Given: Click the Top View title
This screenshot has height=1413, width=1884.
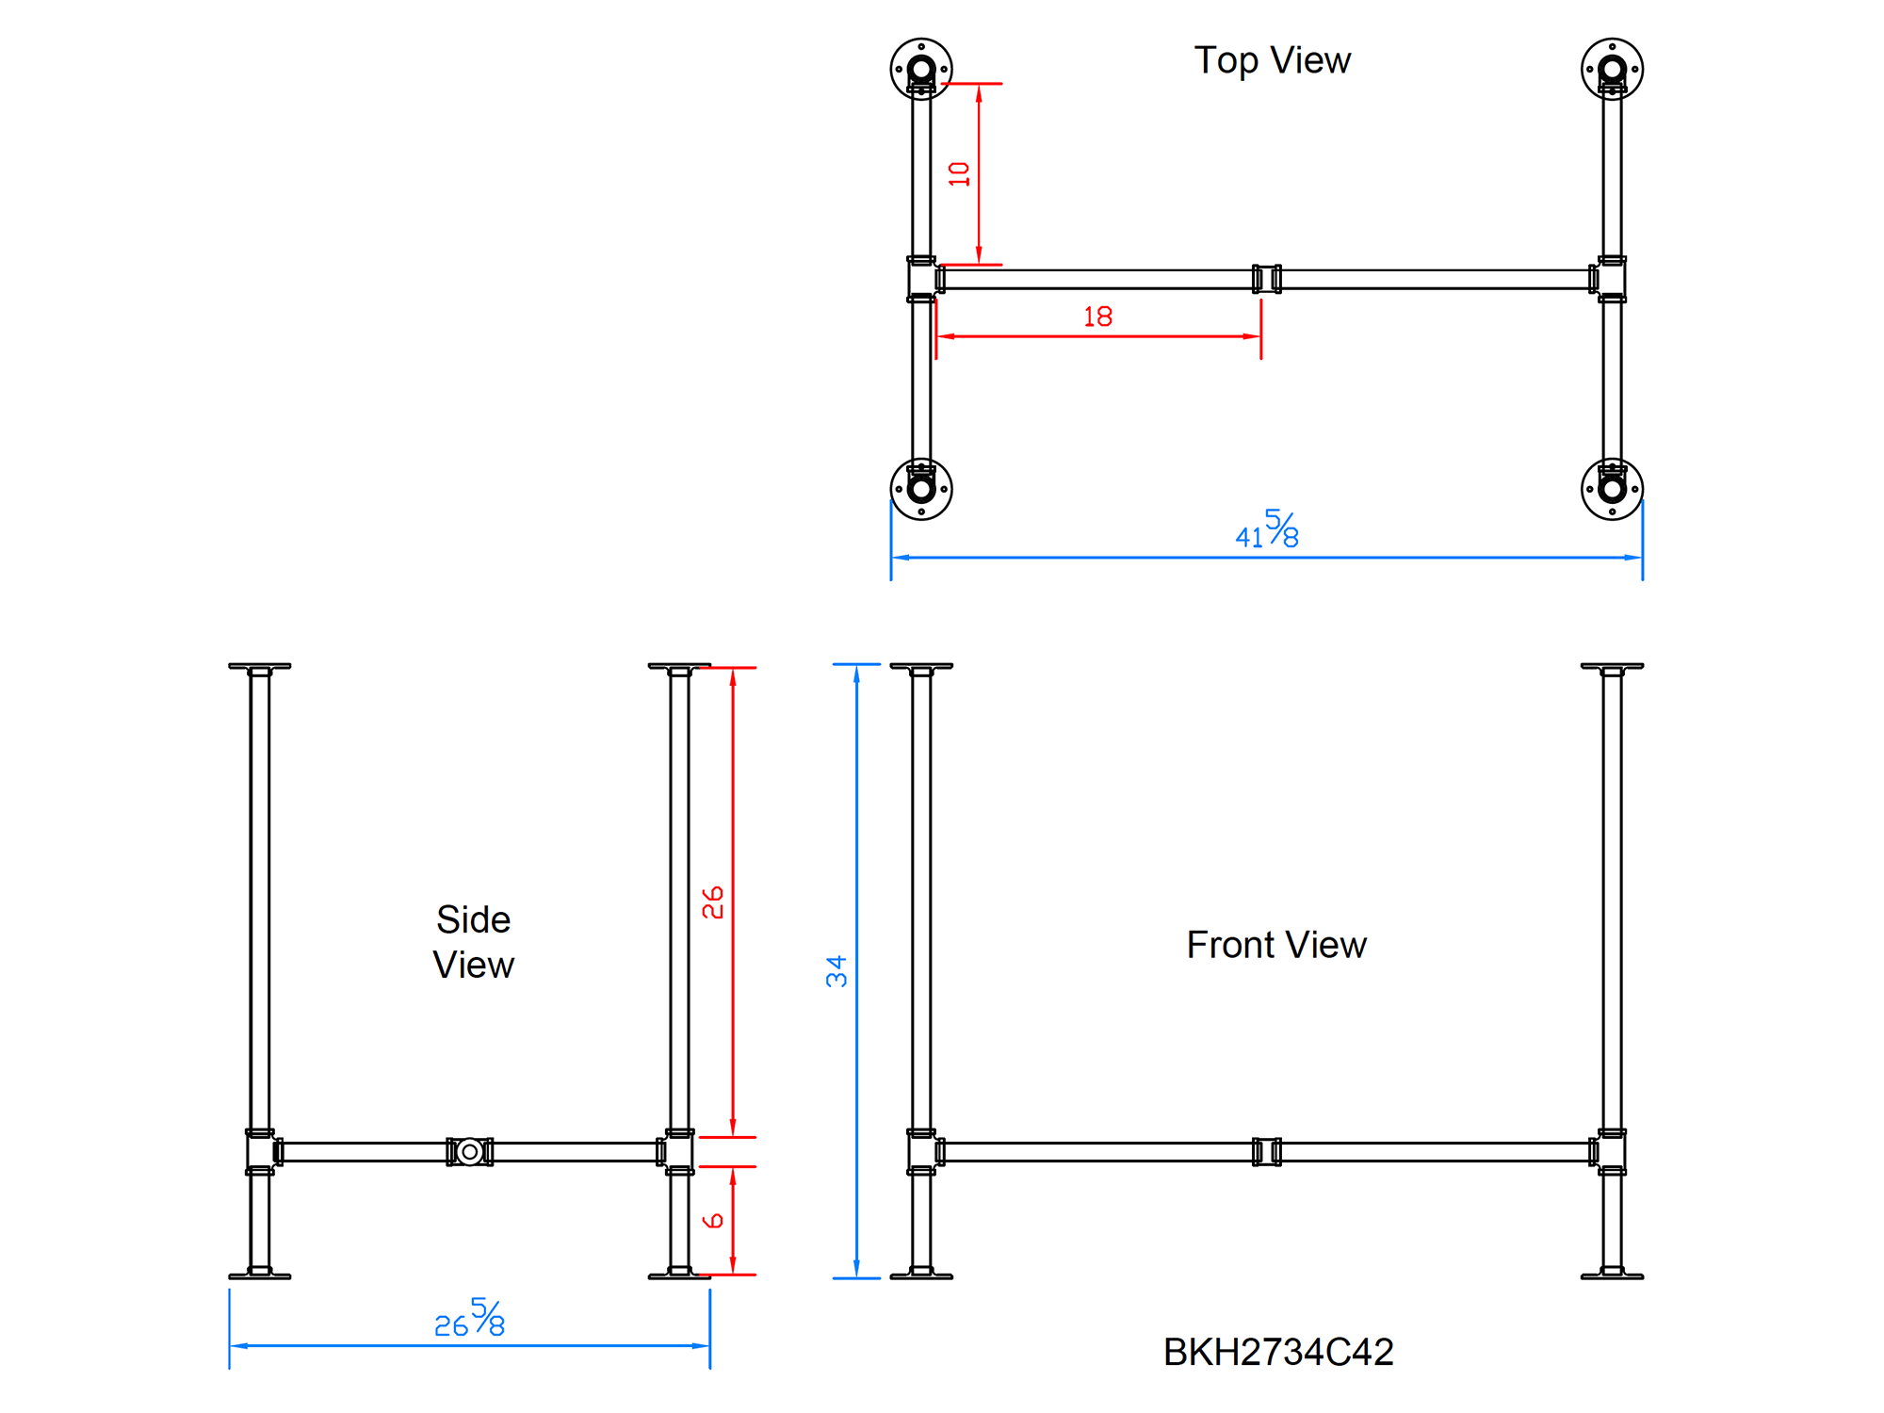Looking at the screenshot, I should [1272, 60].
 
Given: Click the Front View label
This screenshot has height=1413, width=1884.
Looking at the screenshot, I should [1275, 945].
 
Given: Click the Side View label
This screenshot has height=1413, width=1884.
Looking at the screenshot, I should [473, 942].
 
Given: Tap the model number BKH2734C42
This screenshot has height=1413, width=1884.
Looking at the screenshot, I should [1277, 1352].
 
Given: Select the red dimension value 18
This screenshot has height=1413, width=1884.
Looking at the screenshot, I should [1097, 317].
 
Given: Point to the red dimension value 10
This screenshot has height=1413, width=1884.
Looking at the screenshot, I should [959, 174].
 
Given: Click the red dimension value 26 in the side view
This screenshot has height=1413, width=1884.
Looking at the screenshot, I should [712, 901].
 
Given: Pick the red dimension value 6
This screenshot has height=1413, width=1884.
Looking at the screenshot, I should [713, 1221].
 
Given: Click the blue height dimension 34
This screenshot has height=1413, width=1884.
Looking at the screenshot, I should [836, 971].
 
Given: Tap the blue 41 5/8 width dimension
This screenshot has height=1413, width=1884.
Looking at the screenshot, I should [1267, 530].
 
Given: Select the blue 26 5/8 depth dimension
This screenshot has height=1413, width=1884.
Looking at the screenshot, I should [469, 1319].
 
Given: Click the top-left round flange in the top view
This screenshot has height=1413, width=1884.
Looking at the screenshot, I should [921, 69].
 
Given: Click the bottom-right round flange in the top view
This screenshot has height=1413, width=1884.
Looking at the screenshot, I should [1612, 489].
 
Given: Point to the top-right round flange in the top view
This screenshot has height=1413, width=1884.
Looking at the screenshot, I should [1612, 69].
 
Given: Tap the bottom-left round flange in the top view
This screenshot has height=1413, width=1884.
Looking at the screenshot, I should [921, 489].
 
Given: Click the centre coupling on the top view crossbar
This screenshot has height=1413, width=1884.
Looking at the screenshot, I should [1267, 279].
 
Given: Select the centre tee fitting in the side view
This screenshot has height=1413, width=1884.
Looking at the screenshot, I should [469, 1151].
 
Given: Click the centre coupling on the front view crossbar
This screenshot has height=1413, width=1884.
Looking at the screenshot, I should [1267, 1151].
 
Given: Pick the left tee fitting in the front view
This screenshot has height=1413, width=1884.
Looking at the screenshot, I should [922, 1151].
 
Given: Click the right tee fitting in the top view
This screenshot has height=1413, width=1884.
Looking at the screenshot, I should [1611, 279].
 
